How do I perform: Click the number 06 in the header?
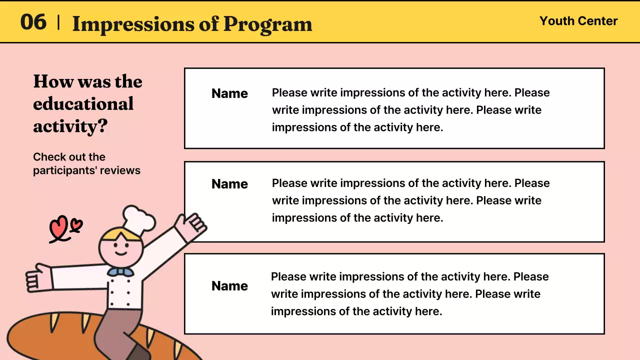(x=33, y=22)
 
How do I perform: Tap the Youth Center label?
(x=578, y=21)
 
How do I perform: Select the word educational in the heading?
(x=83, y=103)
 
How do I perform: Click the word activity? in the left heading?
(x=70, y=126)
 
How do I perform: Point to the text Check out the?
(x=69, y=157)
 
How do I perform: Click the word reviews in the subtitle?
(x=120, y=170)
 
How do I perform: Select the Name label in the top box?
(x=229, y=93)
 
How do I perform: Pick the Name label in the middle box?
(x=229, y=184)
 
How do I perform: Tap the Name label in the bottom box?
(x=229, y=286)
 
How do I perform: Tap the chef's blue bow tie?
(x=120, y=272)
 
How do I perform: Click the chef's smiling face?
(x=120, y=248)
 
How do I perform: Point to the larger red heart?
(x=58, y=227)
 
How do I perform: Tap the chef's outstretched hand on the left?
(x=38, y=278)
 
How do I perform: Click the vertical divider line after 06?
(x=59, y=22)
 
